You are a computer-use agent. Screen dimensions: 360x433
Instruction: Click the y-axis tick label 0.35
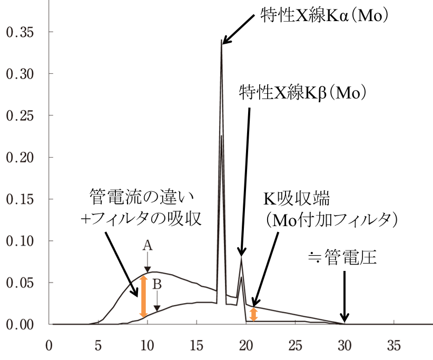coord(19,32)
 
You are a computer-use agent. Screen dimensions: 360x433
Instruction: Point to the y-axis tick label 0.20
coord(19,158)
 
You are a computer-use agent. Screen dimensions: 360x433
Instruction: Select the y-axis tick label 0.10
coord(19,241)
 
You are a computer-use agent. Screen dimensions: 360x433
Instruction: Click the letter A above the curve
coord(147,245)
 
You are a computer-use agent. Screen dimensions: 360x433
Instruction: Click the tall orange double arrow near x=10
coord(143,297)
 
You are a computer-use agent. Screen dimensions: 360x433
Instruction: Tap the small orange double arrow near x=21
coord(253,315)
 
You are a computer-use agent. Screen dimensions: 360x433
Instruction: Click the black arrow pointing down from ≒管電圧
coord(345,295)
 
